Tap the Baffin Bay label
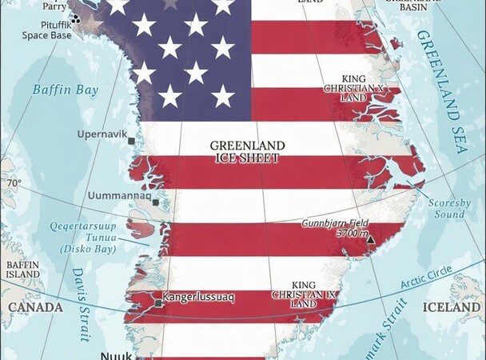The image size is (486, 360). (x=66, y=90)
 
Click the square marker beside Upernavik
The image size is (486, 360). (x=131, y=141)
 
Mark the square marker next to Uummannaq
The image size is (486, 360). (x=156, y=202)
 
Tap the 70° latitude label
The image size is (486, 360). (x=14, y=184)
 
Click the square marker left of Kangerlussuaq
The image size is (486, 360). (x=158, y=303)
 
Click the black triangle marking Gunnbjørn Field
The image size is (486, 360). (x=369, y=238)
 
